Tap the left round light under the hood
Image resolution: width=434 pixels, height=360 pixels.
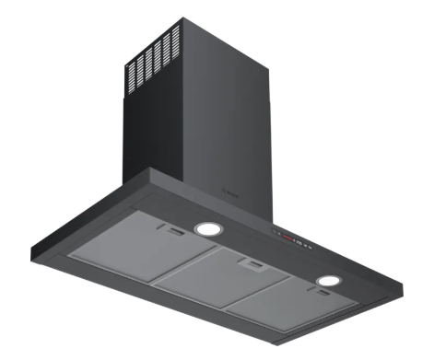[208, 229]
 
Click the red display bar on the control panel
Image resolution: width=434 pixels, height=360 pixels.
[293, 237]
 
